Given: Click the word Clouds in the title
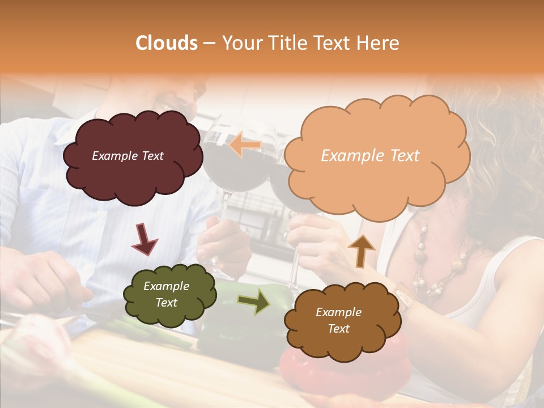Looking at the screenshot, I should click(x=167, y=43).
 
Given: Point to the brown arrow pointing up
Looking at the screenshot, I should click(x=361, y=250).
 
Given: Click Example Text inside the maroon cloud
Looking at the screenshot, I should click(x=127, y=156).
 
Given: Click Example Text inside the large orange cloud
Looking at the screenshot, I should click(x=370, y=156).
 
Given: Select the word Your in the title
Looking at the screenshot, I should click(x=239, y=43).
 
